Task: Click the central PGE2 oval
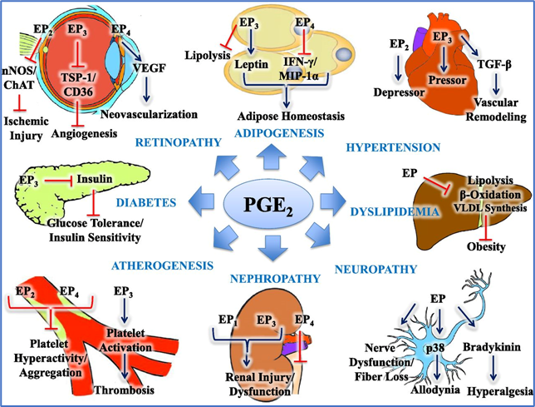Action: [267, 203]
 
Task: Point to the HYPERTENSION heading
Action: [390, 148]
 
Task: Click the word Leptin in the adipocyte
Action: [248, 62]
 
